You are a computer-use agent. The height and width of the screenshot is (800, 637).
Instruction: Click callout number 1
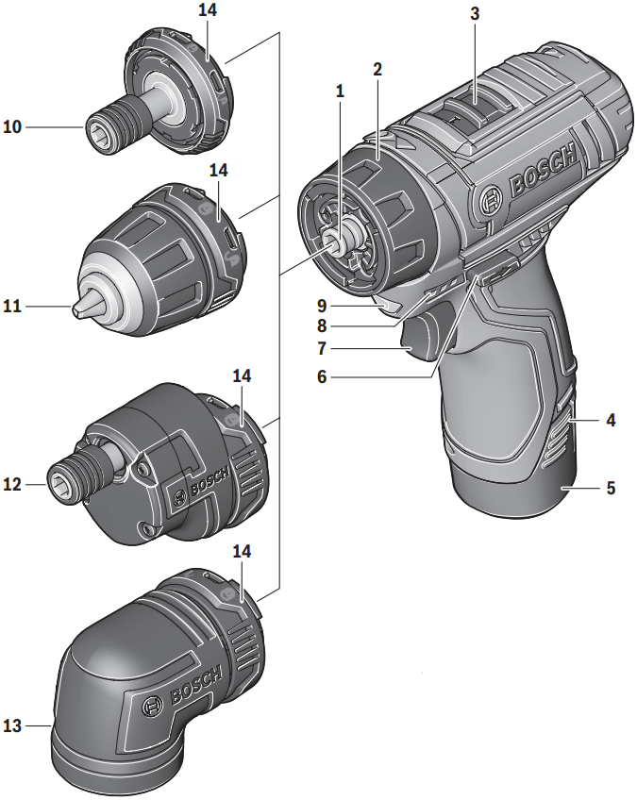point(340,92)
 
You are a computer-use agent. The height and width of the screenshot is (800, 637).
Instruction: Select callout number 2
point(377,70)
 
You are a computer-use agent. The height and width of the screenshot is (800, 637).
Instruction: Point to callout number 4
point(611,420)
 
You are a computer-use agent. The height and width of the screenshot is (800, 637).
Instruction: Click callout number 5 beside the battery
point(611,489)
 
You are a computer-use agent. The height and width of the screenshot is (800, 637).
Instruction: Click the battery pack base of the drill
point(514,486)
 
